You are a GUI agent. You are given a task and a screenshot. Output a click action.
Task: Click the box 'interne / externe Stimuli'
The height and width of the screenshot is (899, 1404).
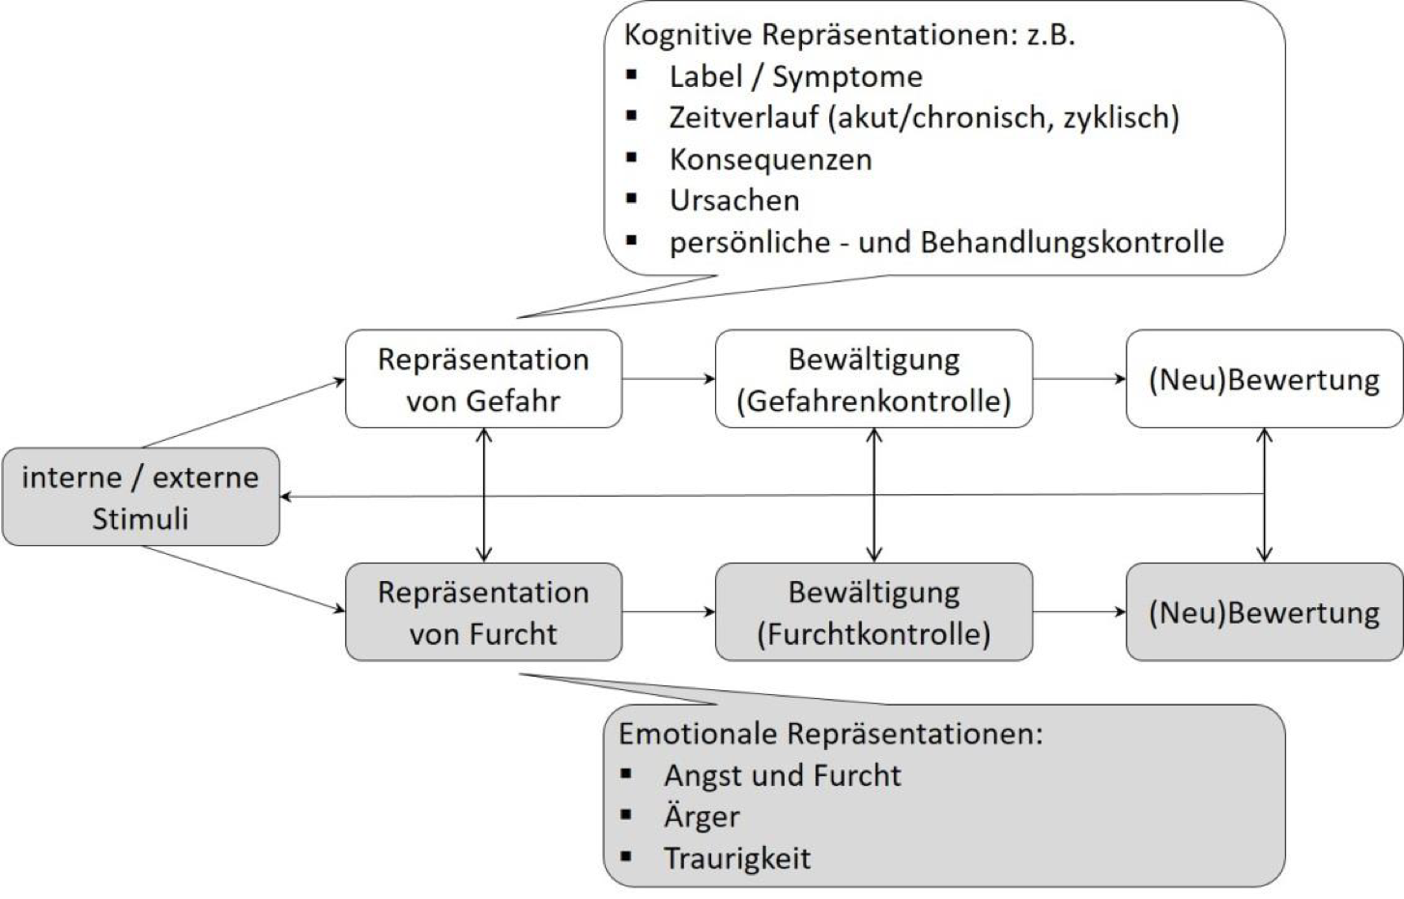[x=140, y=497]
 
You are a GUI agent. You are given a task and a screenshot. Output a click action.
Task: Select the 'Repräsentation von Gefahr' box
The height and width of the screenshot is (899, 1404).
[x=483, y=379]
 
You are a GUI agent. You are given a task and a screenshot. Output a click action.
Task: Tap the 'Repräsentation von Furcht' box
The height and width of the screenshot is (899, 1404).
[x=483, y=612]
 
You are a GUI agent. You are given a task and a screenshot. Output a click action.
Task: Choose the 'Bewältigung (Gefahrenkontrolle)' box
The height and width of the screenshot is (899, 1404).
[x=874, y=379]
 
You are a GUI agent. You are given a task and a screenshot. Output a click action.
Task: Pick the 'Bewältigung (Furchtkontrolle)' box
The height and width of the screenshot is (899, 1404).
[x=874, y=612]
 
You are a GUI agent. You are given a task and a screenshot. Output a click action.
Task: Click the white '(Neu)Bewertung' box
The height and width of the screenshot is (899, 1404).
[x=1264, y=379]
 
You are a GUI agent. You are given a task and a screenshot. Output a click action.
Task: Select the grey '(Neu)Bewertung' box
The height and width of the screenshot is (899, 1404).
[x=1264, y=612]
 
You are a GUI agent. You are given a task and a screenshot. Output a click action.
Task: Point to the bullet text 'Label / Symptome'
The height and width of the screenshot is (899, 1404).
[x=795, y=76]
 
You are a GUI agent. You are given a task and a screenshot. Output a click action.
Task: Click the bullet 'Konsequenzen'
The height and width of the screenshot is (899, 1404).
[x=770, y=159]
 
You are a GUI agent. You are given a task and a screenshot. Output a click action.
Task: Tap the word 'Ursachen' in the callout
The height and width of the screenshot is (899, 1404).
[x=734, y=200]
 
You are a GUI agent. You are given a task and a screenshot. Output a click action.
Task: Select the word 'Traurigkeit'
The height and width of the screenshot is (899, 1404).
[x=736, y=857]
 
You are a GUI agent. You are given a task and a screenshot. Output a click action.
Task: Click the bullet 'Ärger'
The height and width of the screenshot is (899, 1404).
[x=702, y=817]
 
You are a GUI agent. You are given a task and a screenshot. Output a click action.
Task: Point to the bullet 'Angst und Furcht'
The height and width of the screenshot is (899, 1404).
[x=782, y=775]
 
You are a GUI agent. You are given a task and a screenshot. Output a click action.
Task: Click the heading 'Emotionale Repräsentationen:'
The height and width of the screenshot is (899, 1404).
[x=830, y=734]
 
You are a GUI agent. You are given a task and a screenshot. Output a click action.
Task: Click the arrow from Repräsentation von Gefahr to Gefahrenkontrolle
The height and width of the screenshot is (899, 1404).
[x=668, y=379]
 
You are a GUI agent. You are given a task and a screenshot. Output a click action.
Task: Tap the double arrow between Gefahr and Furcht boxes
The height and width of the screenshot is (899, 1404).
[x=484, y=495]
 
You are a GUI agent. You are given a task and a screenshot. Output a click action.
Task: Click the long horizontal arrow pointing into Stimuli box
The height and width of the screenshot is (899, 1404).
[x=773, y=496]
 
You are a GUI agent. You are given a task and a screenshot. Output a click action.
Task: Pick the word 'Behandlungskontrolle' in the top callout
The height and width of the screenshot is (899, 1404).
[x=1072, y=242]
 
